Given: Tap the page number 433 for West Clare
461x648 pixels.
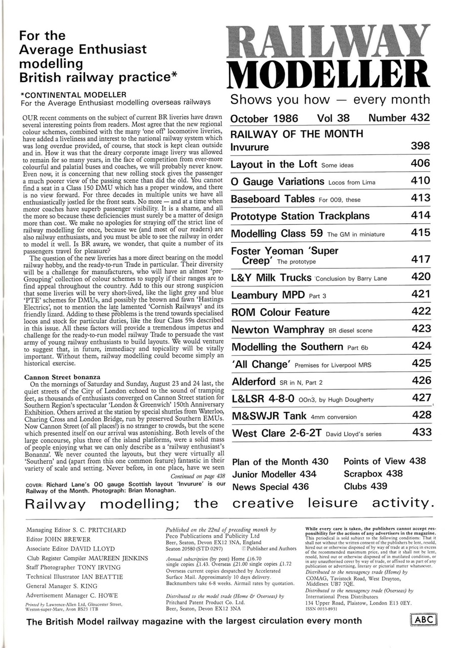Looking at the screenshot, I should point(422,433).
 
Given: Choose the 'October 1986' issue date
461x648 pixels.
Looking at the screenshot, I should point(264,118).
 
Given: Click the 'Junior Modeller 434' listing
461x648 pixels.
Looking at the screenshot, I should point(274,474).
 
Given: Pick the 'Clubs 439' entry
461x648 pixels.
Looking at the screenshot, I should point(365,487).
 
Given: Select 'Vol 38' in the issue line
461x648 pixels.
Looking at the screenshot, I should point(333,118).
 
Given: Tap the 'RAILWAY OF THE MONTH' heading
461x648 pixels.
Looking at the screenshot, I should point(297,134).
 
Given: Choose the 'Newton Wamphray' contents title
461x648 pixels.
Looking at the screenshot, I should point(277,330).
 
